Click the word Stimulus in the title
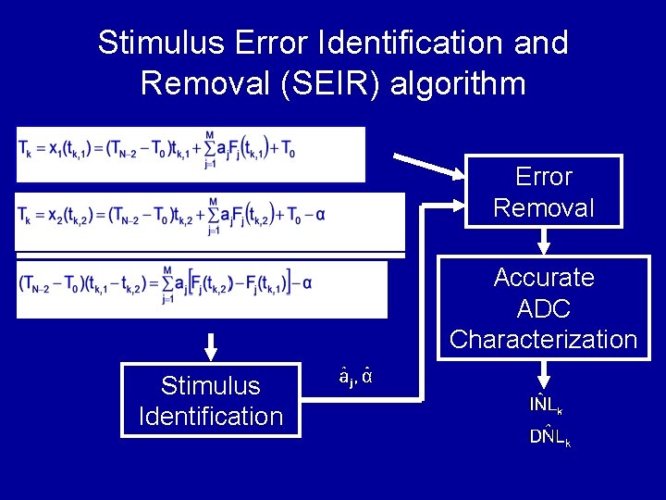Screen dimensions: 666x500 [x=162, y=43]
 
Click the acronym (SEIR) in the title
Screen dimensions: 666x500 [x=326, y=84]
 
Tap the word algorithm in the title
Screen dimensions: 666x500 [x=459, y=84]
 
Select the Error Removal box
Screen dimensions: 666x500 [x=544, y=193]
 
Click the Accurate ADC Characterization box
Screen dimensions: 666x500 [x=544, y=307]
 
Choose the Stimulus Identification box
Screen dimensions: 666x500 [x=210, y=401]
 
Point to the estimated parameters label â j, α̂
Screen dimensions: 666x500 [x=355, y=378]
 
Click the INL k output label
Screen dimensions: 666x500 [x=546, y=405]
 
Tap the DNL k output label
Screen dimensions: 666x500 [x=549, y=437]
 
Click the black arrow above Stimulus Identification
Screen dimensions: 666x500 [x=211, y=346]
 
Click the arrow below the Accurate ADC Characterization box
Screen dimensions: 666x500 [x=544, y=373]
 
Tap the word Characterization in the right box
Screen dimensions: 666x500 [x=544, y=340]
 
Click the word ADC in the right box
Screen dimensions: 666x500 [x=544, y=308]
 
